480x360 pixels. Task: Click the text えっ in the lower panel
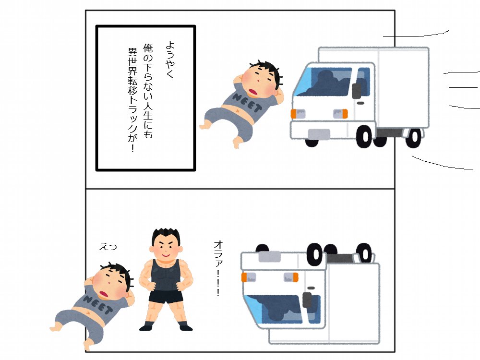coord(108,247)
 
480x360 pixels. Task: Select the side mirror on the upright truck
coord(357,91)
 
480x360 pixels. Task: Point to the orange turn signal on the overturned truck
coord(247,277)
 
